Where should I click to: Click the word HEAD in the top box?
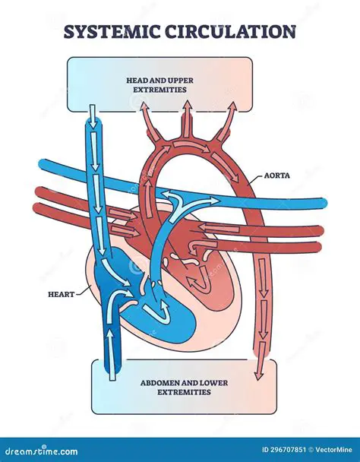pos(137,79)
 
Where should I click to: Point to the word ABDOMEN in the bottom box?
pos(144,382)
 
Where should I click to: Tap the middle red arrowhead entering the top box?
pos(185,108)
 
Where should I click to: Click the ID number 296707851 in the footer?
pos(275,449)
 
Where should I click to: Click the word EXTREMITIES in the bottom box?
pos(179,393)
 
